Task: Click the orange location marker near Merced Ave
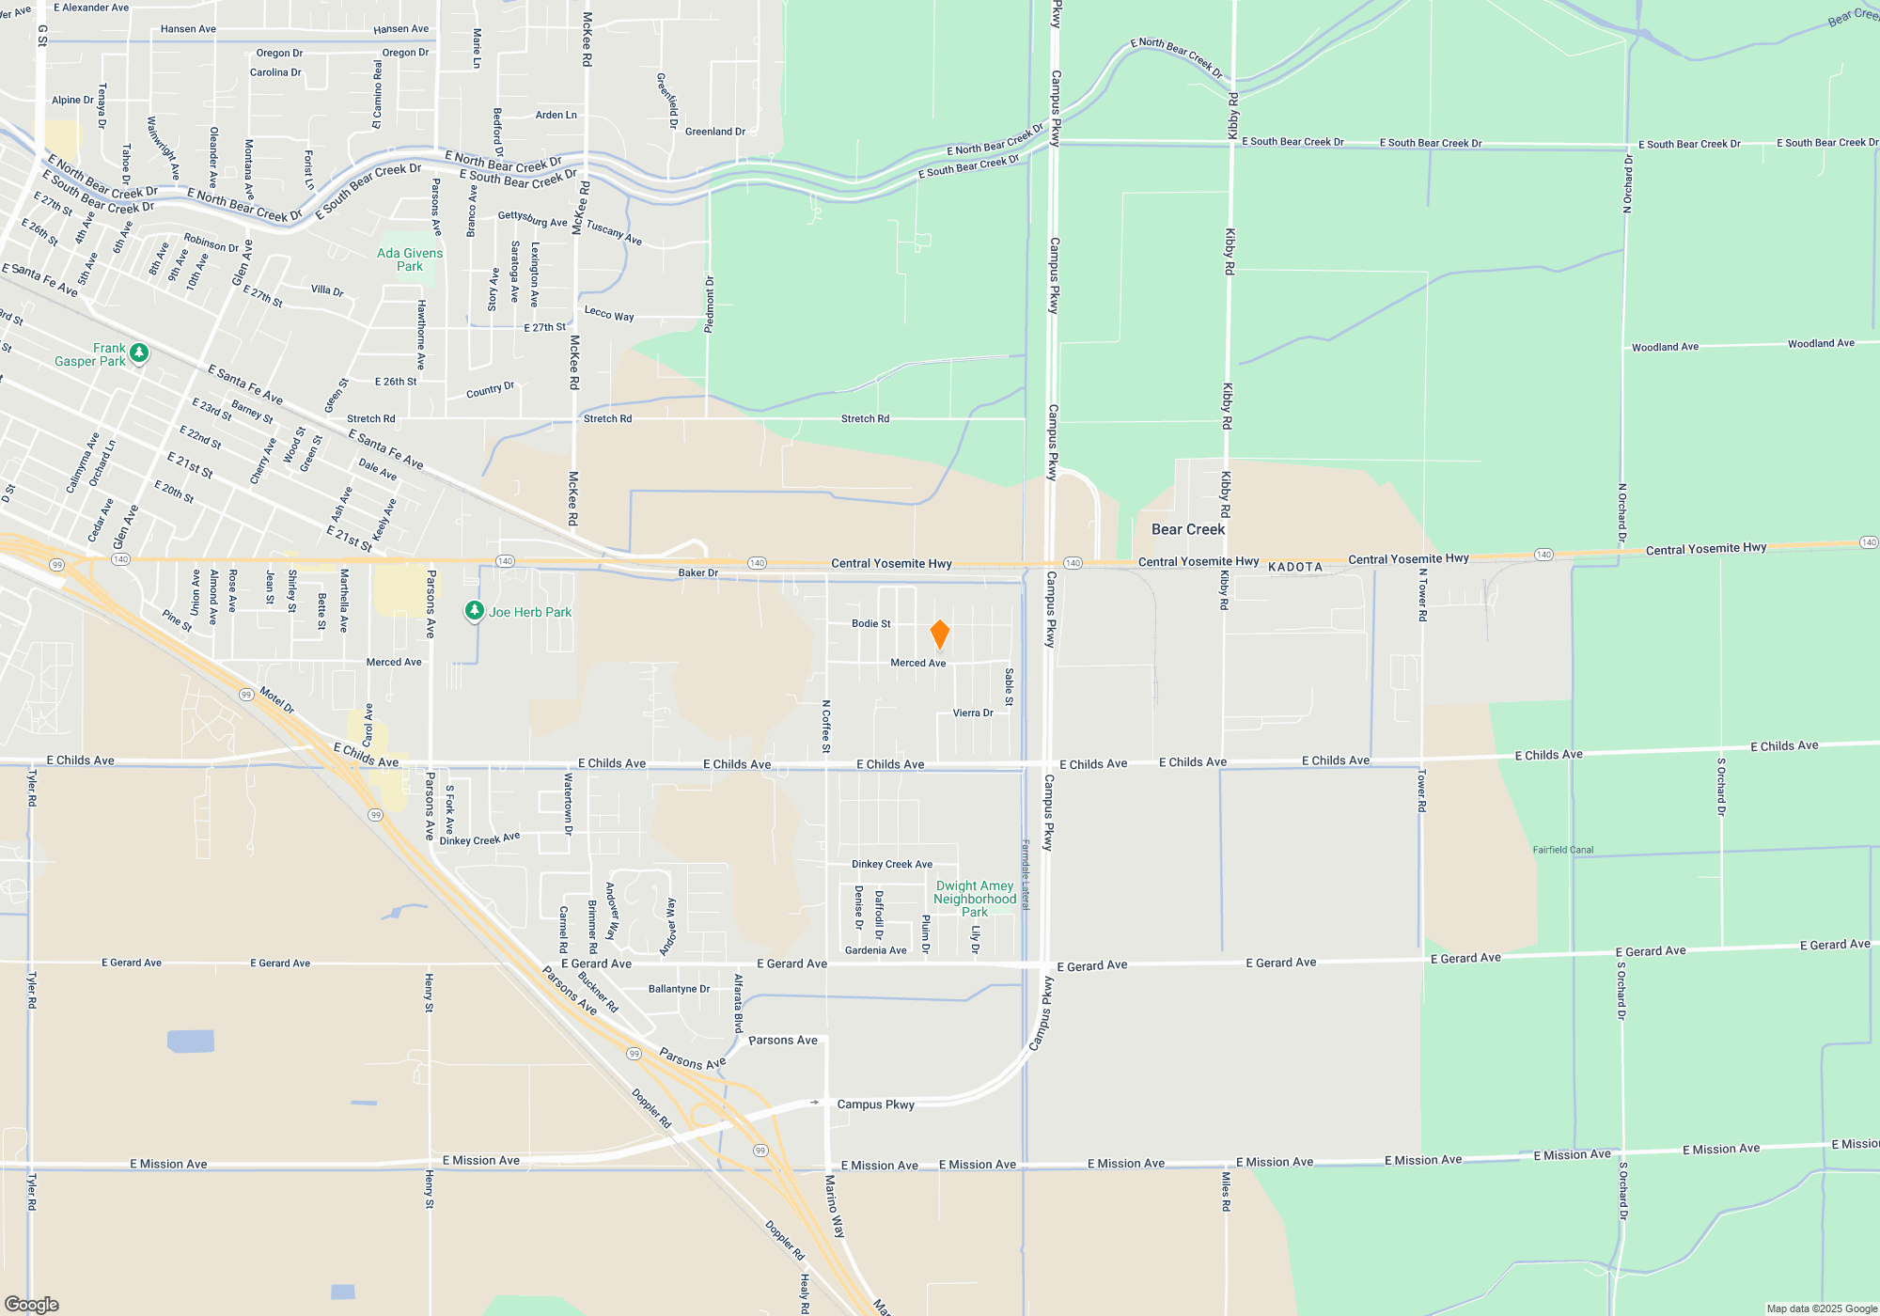(939, 634)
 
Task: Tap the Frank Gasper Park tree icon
(139, 352)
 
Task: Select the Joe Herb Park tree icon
(475, 611)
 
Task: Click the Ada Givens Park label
(410, 259)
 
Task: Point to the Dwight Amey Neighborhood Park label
(975, 899)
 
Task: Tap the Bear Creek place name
(1188, 529)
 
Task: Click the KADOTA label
(1295, 567)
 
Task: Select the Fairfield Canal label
(1563, 850)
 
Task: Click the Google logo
(32, 1305)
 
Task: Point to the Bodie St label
(871, 623)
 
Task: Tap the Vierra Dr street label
(973, 713)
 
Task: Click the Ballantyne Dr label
(679, 989)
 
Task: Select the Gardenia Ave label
(875, 950)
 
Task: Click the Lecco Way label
(609, 313)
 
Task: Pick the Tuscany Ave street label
(614, 232)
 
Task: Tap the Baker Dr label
(698, 572)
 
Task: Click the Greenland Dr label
(715, 132)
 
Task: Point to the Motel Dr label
(277, 700)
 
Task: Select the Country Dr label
(491, 389)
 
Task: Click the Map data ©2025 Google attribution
(1822, 1308)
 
